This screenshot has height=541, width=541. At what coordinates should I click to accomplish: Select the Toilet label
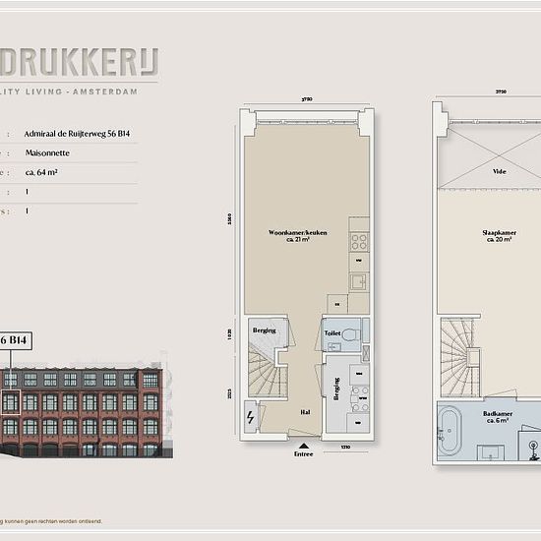coord(333,334)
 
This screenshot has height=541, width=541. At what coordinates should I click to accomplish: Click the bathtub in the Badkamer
coord(451,431)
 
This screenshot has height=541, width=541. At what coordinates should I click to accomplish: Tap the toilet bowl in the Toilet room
coord(356,333)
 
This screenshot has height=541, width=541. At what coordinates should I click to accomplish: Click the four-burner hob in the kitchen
coord(359,241)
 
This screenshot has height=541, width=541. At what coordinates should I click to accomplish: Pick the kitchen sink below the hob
coord(359,282)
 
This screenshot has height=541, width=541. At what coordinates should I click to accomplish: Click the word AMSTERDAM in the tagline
coord(110,91)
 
